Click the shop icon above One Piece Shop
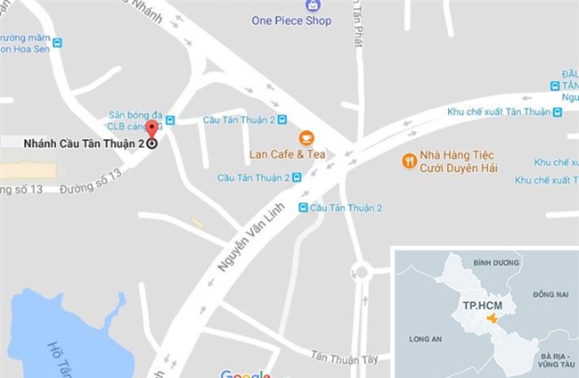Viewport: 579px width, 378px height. (x=313, y=5)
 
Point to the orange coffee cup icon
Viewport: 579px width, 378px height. (x=306, y=137)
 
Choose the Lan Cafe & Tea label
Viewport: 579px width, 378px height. (x=287, y=154)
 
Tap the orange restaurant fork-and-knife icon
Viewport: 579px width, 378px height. (x=410, y=160)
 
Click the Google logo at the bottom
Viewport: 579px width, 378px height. (x=245, y=374)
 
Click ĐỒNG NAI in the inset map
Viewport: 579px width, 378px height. (x=549, y=294)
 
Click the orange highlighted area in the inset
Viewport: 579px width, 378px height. (x=493, y=318)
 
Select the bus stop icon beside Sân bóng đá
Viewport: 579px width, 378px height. (x=170, y=120)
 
